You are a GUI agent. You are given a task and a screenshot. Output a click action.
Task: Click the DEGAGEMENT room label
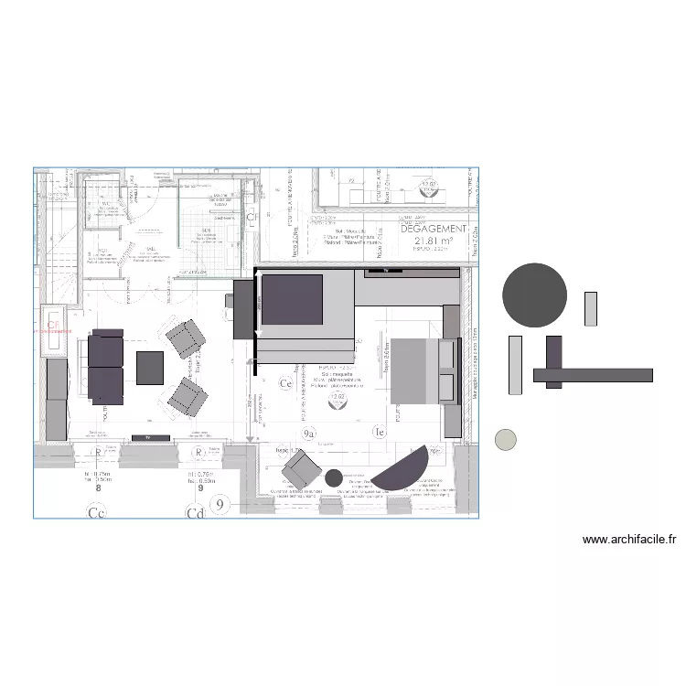point(434,229)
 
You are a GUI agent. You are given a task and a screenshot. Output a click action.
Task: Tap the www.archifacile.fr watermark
point(629,540)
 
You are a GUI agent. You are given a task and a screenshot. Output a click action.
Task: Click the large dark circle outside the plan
point(534,295)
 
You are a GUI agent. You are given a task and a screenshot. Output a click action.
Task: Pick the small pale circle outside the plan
point(505,440)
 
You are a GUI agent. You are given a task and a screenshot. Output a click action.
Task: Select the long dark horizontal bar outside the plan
point(592,375)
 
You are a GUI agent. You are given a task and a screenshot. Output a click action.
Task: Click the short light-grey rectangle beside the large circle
point(591,308)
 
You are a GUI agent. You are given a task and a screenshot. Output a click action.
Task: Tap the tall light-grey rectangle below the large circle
point(515,365)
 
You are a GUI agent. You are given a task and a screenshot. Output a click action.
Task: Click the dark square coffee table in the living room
point(150,368)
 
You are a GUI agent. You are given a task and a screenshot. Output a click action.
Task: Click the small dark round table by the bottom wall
point(334,477)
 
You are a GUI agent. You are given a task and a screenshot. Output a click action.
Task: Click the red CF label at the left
point(54,324)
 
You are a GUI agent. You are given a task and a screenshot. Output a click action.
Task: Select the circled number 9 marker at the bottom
point(219,503)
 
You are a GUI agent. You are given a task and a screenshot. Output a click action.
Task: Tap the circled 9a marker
point(309,432)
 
